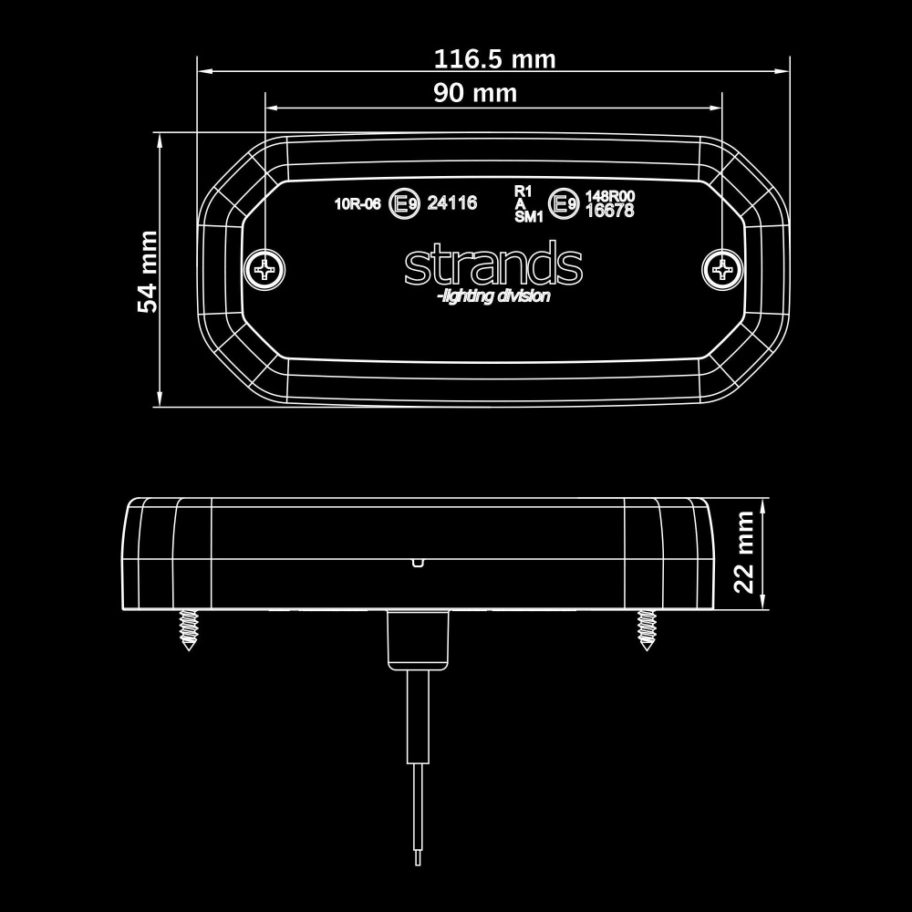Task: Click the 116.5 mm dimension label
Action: [x=493, y=59]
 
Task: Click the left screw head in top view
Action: [x=265, y=268]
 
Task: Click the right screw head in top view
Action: [x=721, y=268]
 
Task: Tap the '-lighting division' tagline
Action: [x=493, y=297]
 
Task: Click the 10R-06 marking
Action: [x=358, y=204]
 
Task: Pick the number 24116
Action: [x=452, y=203]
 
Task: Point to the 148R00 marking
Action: [x=609, y=196]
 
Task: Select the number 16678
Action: [x=609, y=211]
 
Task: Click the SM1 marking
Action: [x=529, y=217]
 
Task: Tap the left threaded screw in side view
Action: [x=189, y=629]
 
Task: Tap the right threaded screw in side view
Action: [x=646, y=629]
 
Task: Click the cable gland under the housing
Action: [x=420, y=640]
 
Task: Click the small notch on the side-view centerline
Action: [x=417, y=562]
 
